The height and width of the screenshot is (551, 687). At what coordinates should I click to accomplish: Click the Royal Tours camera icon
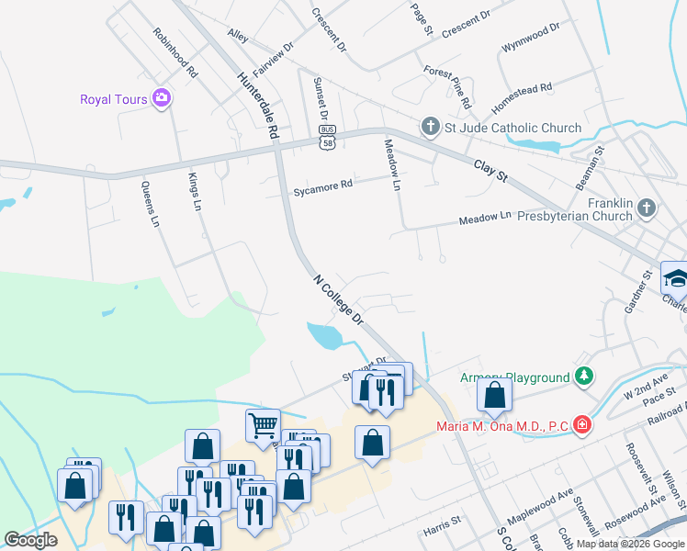click(163, 98)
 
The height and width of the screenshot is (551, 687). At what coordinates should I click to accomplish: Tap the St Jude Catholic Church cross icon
click(429, 127)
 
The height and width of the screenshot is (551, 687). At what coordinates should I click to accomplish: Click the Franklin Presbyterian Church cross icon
click(647, 208)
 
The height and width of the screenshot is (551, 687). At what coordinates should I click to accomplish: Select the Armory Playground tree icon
click(582, 377)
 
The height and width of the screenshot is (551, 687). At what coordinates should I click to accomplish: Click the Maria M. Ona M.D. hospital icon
click(581, 424)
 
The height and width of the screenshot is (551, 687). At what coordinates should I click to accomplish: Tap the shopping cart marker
click(263, 425)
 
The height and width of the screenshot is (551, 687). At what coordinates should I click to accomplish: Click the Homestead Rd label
click(522, 88)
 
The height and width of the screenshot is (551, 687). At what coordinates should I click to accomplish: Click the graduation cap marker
click(675, 277)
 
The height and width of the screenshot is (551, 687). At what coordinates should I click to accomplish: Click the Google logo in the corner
click(31, 540)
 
